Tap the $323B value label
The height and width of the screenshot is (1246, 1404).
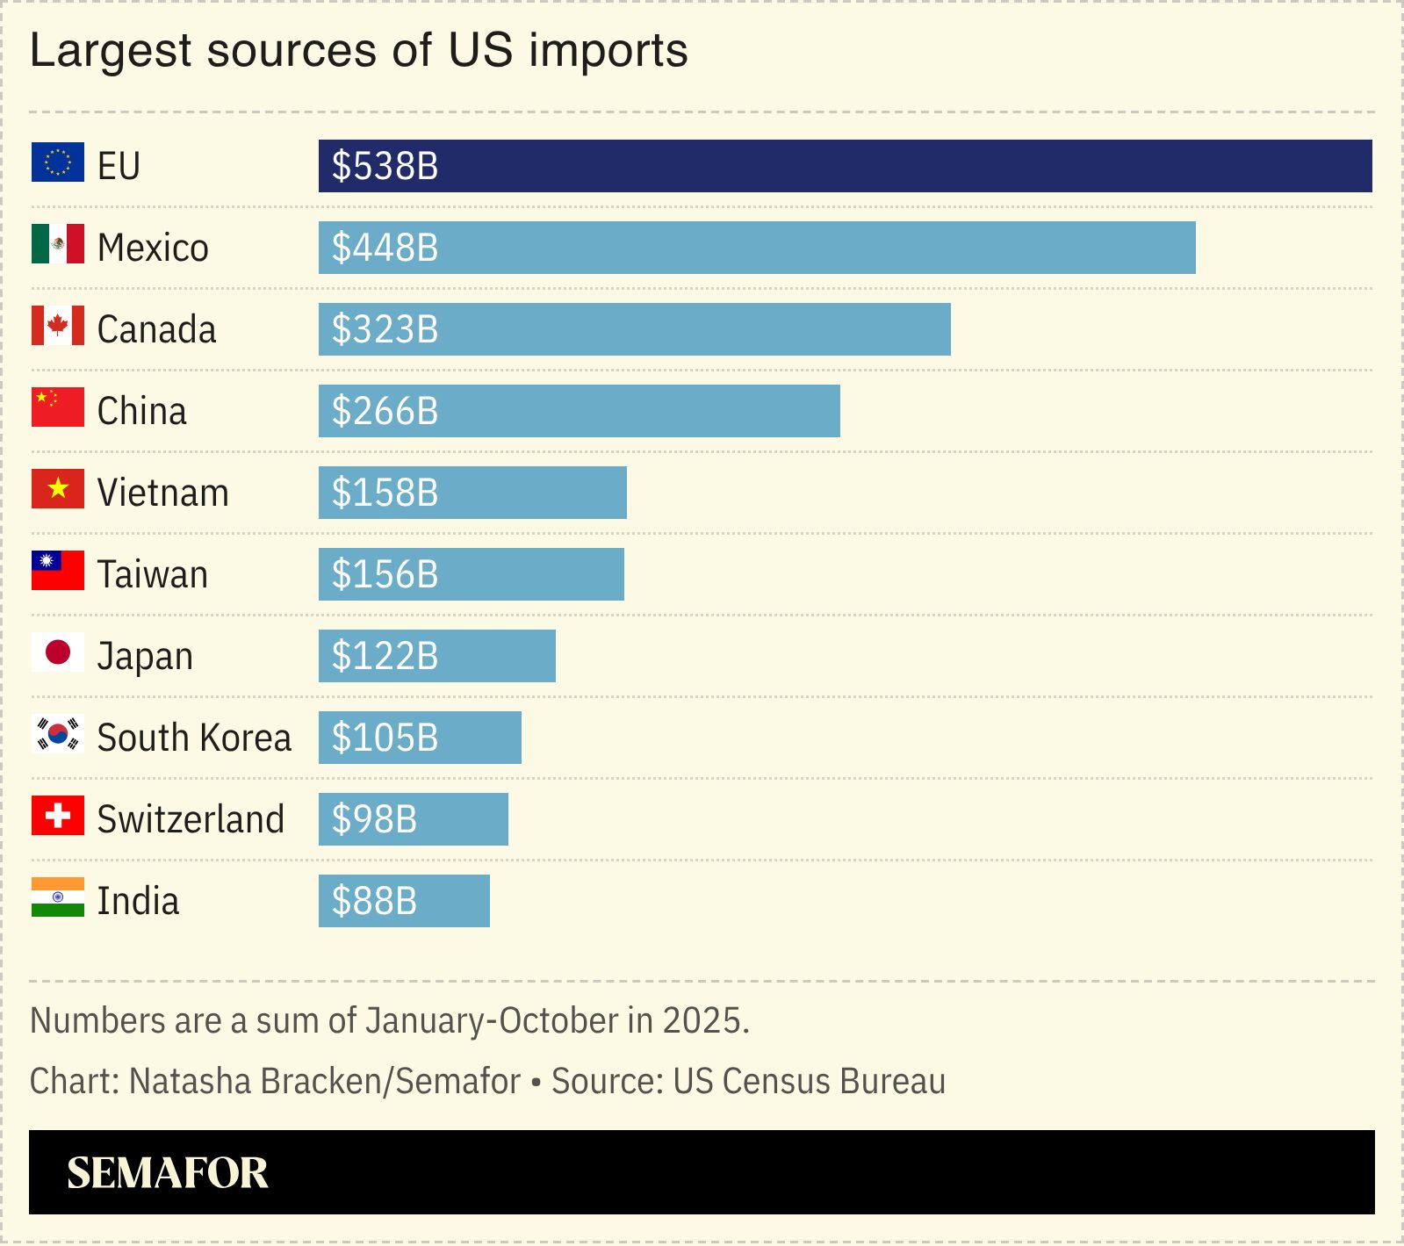pyautogui.click(x=385, y=329)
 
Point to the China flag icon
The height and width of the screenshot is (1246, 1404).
pyautogui.click(x=58, y=407)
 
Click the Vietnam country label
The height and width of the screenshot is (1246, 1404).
pyautogui.click(x=162, y=493)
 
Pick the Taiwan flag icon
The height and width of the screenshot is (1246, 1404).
pyautogui.click(x=58, y=571)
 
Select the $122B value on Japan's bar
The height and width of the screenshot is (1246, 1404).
pyautogui.click(x=385, y=656)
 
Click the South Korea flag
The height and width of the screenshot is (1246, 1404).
pyautogui.click(x=58, y=734)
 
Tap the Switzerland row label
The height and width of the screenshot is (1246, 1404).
pyautogui.click(x=191, y=819)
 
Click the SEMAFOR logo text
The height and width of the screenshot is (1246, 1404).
pyautogui.click(x=168, y=1173)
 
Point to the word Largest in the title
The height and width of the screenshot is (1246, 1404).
pyautogui.click(x=111, y=51)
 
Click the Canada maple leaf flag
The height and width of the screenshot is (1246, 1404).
pyautogui.click(x=58, y=326)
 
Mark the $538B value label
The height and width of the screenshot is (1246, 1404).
pyautogui.click(x=385, y=166)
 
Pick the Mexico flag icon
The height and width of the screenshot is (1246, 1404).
pyautogui.click(x=58, y=244)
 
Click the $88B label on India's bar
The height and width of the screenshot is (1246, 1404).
pyautogui.click(x=374, y=901)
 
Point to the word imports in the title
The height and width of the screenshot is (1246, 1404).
pyautogui.click(x=608, y=51)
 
